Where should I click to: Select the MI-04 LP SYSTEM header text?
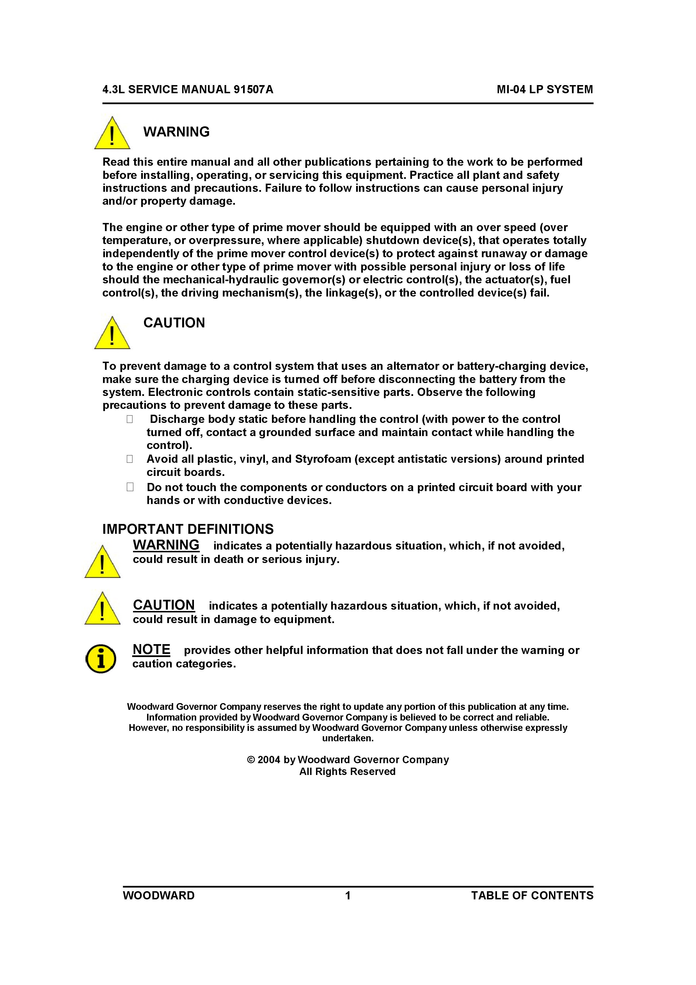tap(545, 89)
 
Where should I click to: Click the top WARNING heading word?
tap(176, 132)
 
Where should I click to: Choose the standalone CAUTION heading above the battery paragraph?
tap(174, 323)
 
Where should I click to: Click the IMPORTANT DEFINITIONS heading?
tap(188, 529)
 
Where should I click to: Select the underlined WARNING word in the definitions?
tap(166, 545)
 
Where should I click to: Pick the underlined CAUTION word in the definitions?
tap(164, 605)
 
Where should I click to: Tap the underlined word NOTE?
tap(151, 649)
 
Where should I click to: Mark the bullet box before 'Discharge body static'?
tap(129, 419)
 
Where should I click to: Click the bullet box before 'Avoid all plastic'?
tap(129, 459)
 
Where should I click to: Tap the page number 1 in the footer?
tap(348, 895)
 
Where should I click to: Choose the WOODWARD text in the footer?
tap(159, 895)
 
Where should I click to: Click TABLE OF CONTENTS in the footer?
tap(532, 895)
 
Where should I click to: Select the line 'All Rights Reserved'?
tap(347, 771)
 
